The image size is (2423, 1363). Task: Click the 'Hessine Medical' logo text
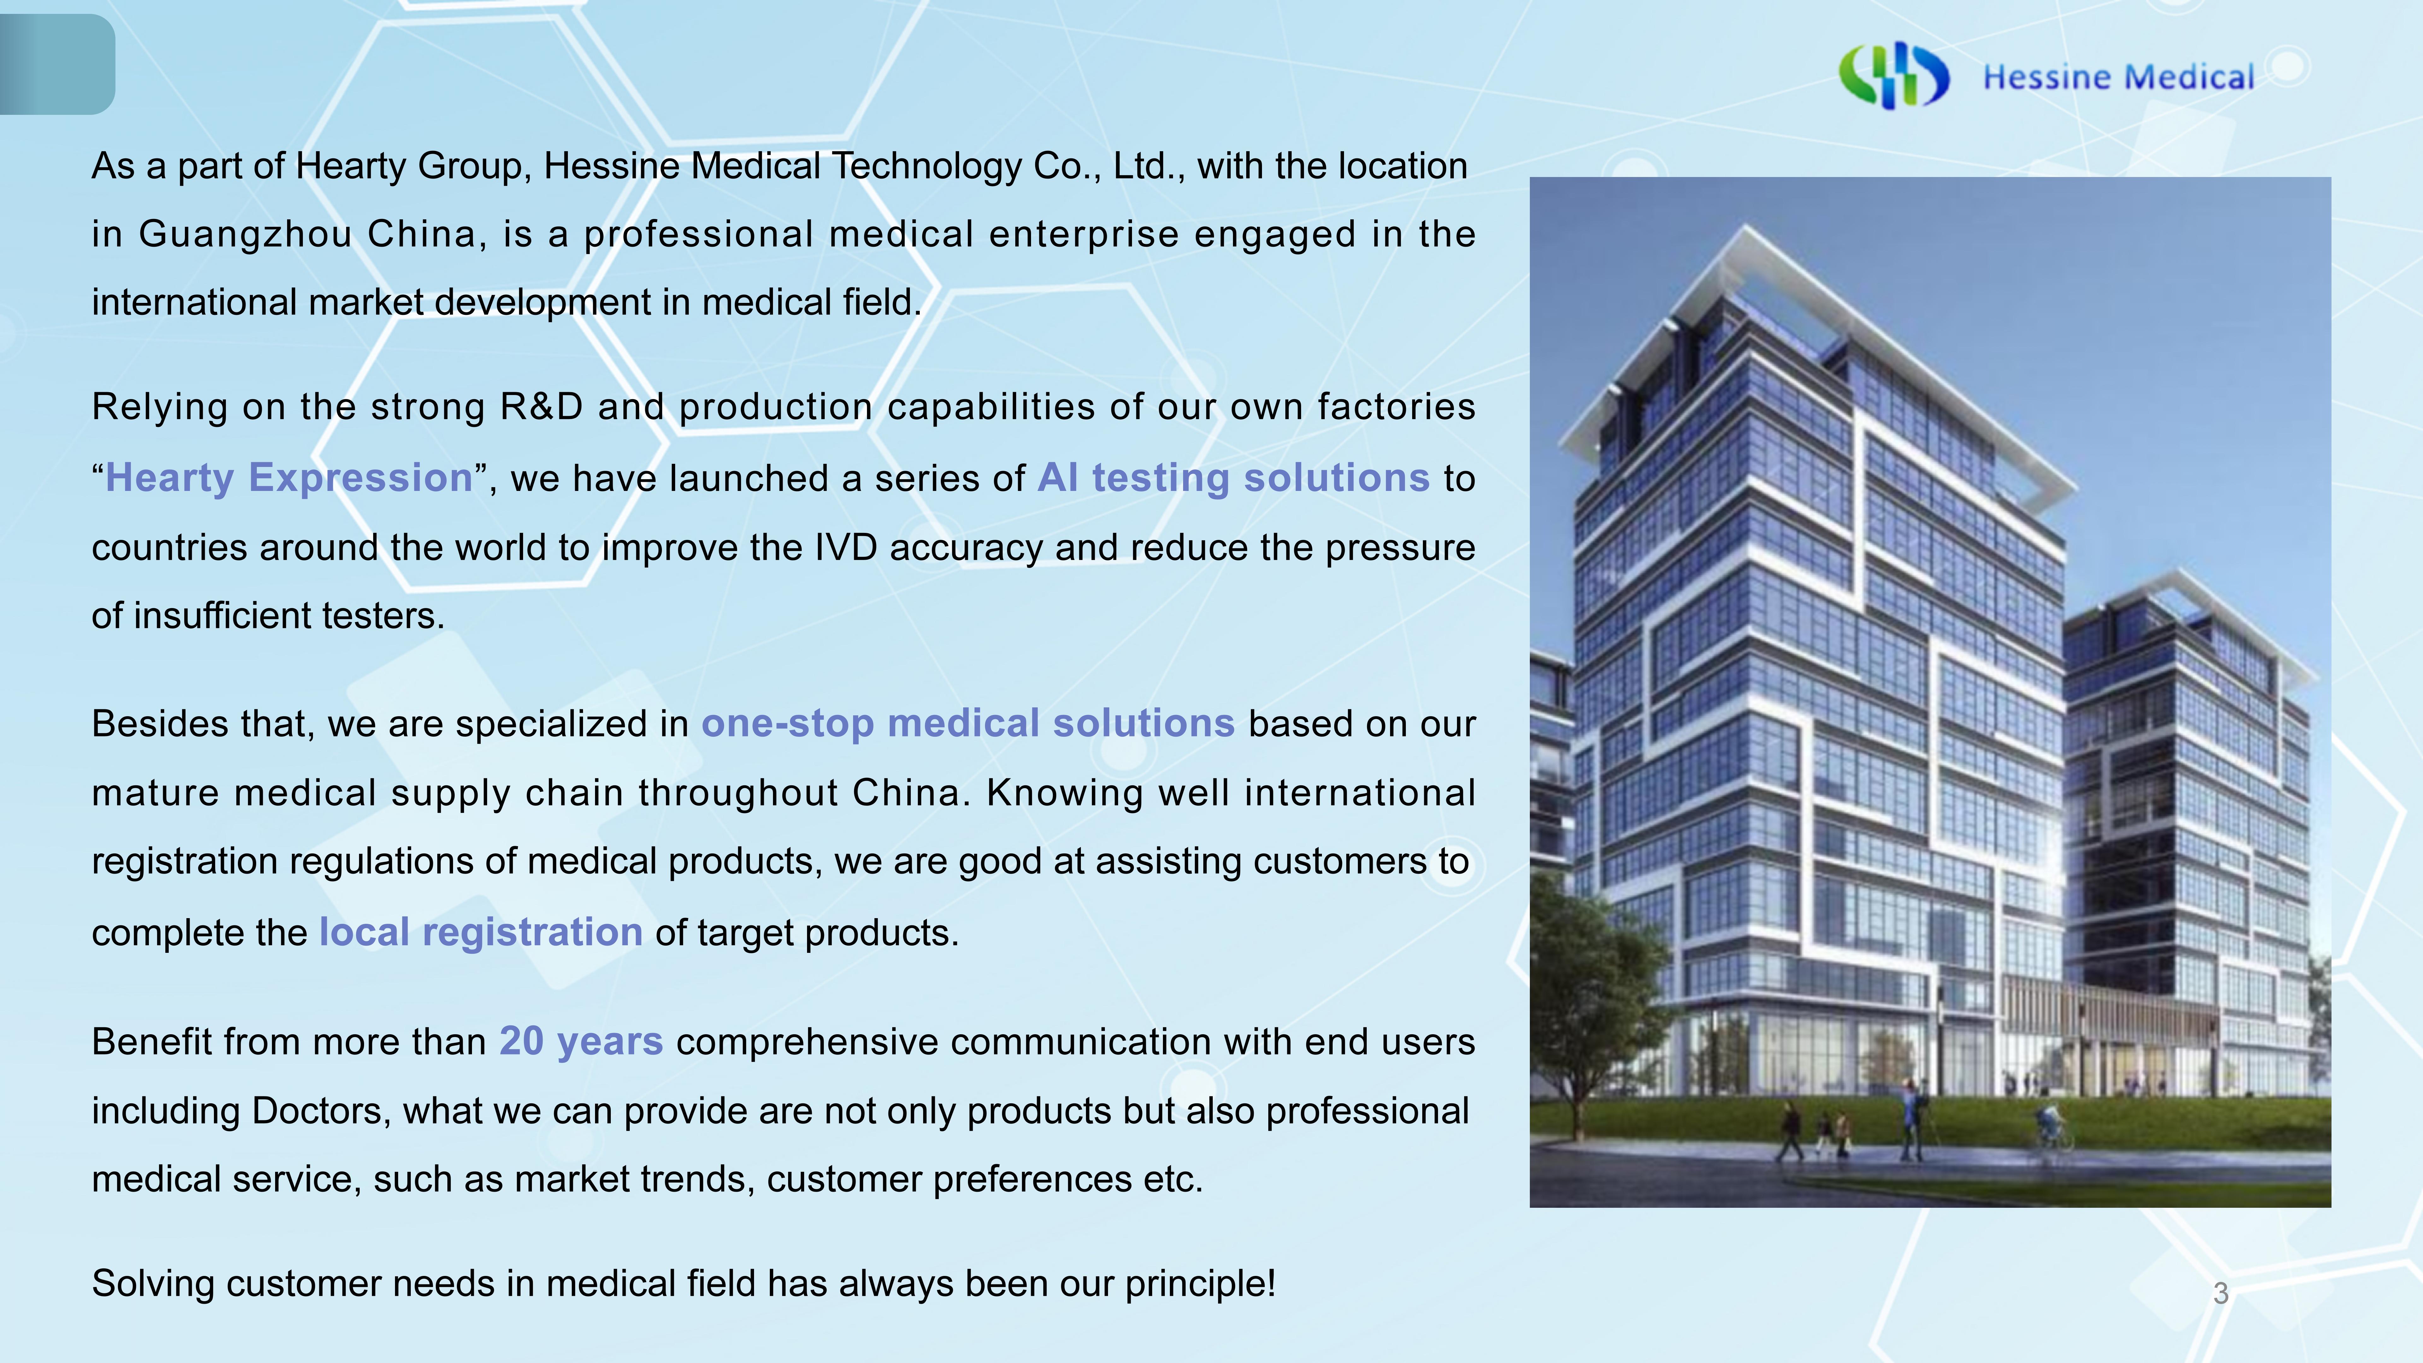tap(2118, 77)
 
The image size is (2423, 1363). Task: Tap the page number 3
tap(2221, 1293)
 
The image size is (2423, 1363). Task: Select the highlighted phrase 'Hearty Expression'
tap(289, 478)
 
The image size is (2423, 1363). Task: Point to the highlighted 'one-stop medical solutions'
tap(968, 723)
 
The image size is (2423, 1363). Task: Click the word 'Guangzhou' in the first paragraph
tap(245, 234)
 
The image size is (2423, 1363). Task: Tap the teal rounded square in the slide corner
tap(56, 64)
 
